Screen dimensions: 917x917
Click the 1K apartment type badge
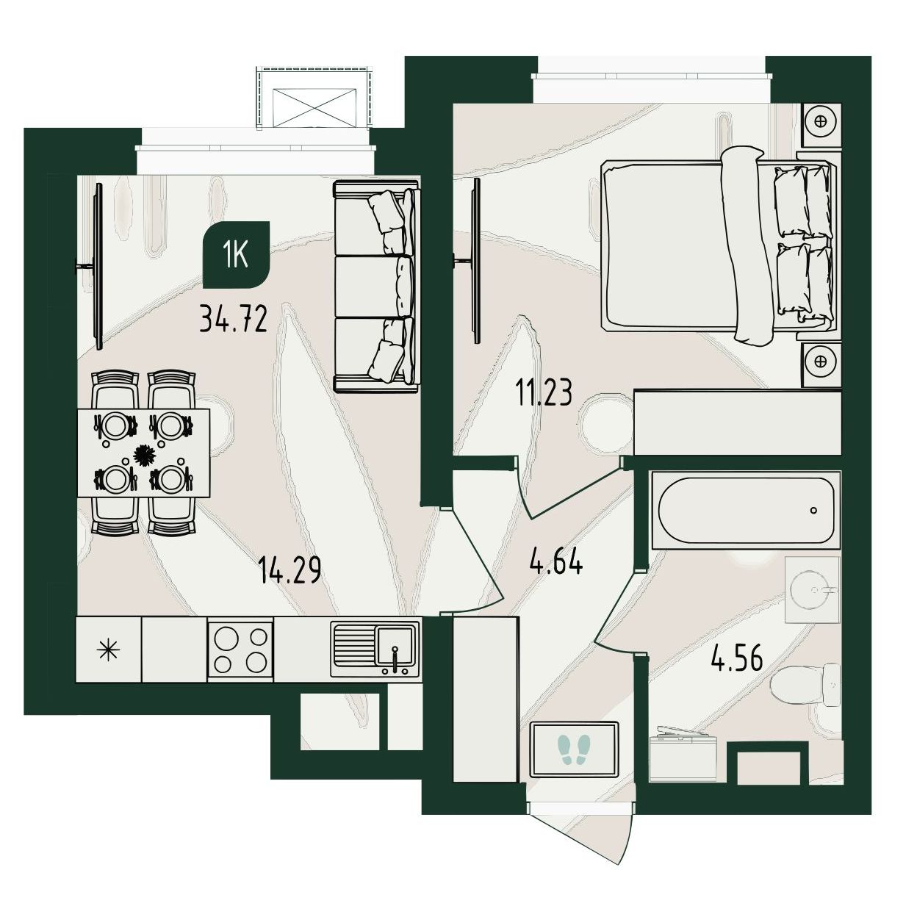237,255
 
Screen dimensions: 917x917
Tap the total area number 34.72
233,320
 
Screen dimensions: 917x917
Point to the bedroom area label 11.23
543,393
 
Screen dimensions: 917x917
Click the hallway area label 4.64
555,561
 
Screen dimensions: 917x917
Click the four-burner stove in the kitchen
240,649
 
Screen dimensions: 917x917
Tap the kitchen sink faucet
395,658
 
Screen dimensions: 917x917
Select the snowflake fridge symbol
109,650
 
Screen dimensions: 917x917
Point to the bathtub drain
813,510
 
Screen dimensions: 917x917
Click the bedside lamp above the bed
821,122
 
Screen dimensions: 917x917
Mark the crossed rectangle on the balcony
314,107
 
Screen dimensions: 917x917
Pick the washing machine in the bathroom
683,753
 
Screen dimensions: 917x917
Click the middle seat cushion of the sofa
373,287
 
